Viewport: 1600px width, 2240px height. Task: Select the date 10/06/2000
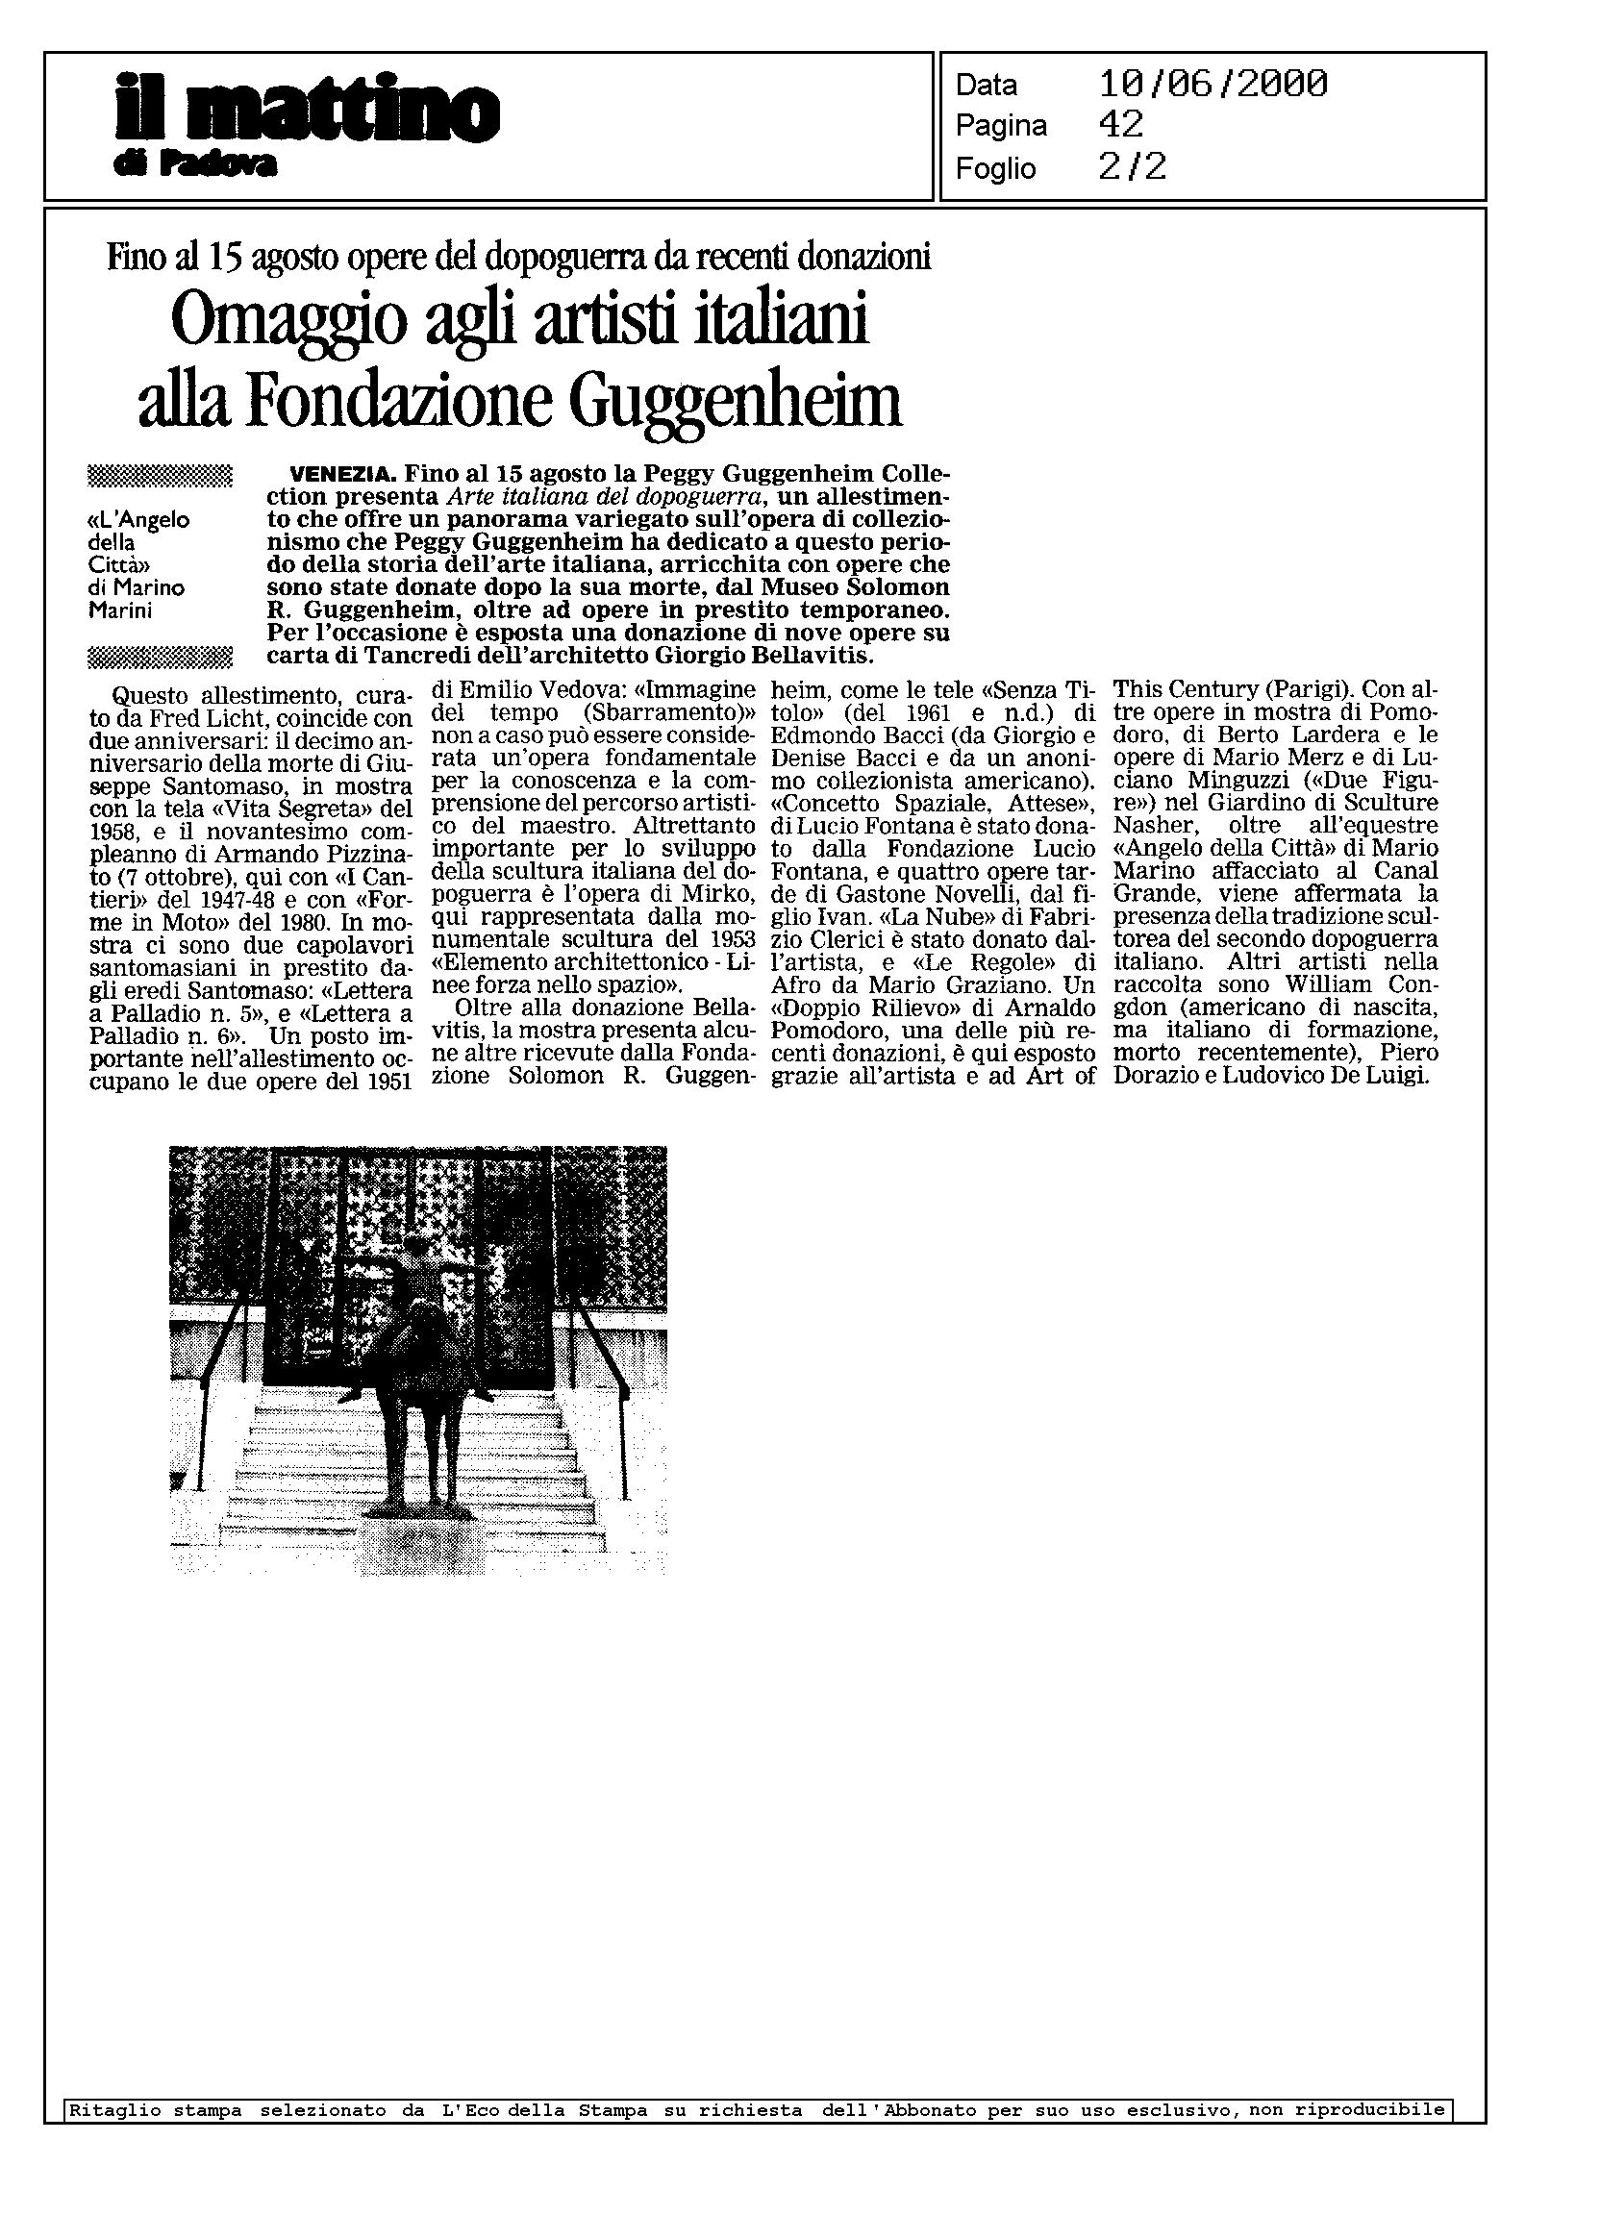1212,85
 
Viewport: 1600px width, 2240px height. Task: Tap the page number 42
1120,125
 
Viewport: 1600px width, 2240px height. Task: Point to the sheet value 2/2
1132,167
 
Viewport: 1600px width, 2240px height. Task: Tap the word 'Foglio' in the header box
995,169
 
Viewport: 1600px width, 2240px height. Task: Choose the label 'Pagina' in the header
1001,127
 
